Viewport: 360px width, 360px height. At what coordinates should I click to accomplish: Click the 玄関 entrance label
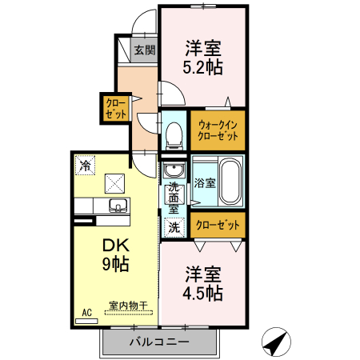pos(144,50)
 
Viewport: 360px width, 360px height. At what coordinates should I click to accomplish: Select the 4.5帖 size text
pos(202,294)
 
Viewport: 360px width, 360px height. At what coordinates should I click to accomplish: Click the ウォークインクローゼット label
pos(218,130)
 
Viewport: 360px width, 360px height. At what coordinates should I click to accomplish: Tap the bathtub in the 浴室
pos(230,182)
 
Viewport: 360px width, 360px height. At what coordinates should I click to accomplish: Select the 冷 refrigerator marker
pos(84,165)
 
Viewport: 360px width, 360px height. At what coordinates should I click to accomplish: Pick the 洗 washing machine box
pos(174,227)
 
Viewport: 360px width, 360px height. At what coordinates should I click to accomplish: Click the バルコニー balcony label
pos(159,342)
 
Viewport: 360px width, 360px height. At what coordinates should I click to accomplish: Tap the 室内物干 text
pos(128,305)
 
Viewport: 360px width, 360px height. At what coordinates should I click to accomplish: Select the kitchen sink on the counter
pos(118,206)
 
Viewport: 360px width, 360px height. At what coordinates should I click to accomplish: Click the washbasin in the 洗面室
pos(174,170)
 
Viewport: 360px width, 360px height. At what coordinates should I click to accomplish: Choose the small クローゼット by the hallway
pos(115,108)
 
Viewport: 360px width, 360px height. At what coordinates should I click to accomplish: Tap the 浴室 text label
pos(204,182)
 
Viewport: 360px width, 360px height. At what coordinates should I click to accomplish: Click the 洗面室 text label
pos(174,198)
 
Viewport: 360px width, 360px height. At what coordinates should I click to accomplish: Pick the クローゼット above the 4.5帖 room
pos(218,226)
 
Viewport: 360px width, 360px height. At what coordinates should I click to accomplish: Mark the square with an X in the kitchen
pos(115,181)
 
